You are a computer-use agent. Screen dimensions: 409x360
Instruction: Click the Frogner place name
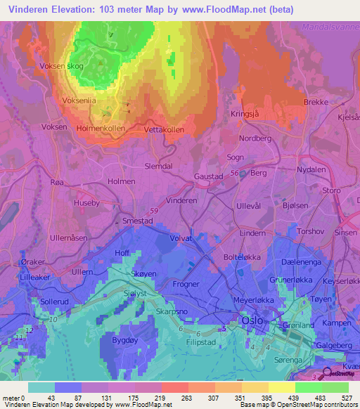(x=186, y=284)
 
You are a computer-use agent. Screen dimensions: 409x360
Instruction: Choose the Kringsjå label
(x=245, y=113)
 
